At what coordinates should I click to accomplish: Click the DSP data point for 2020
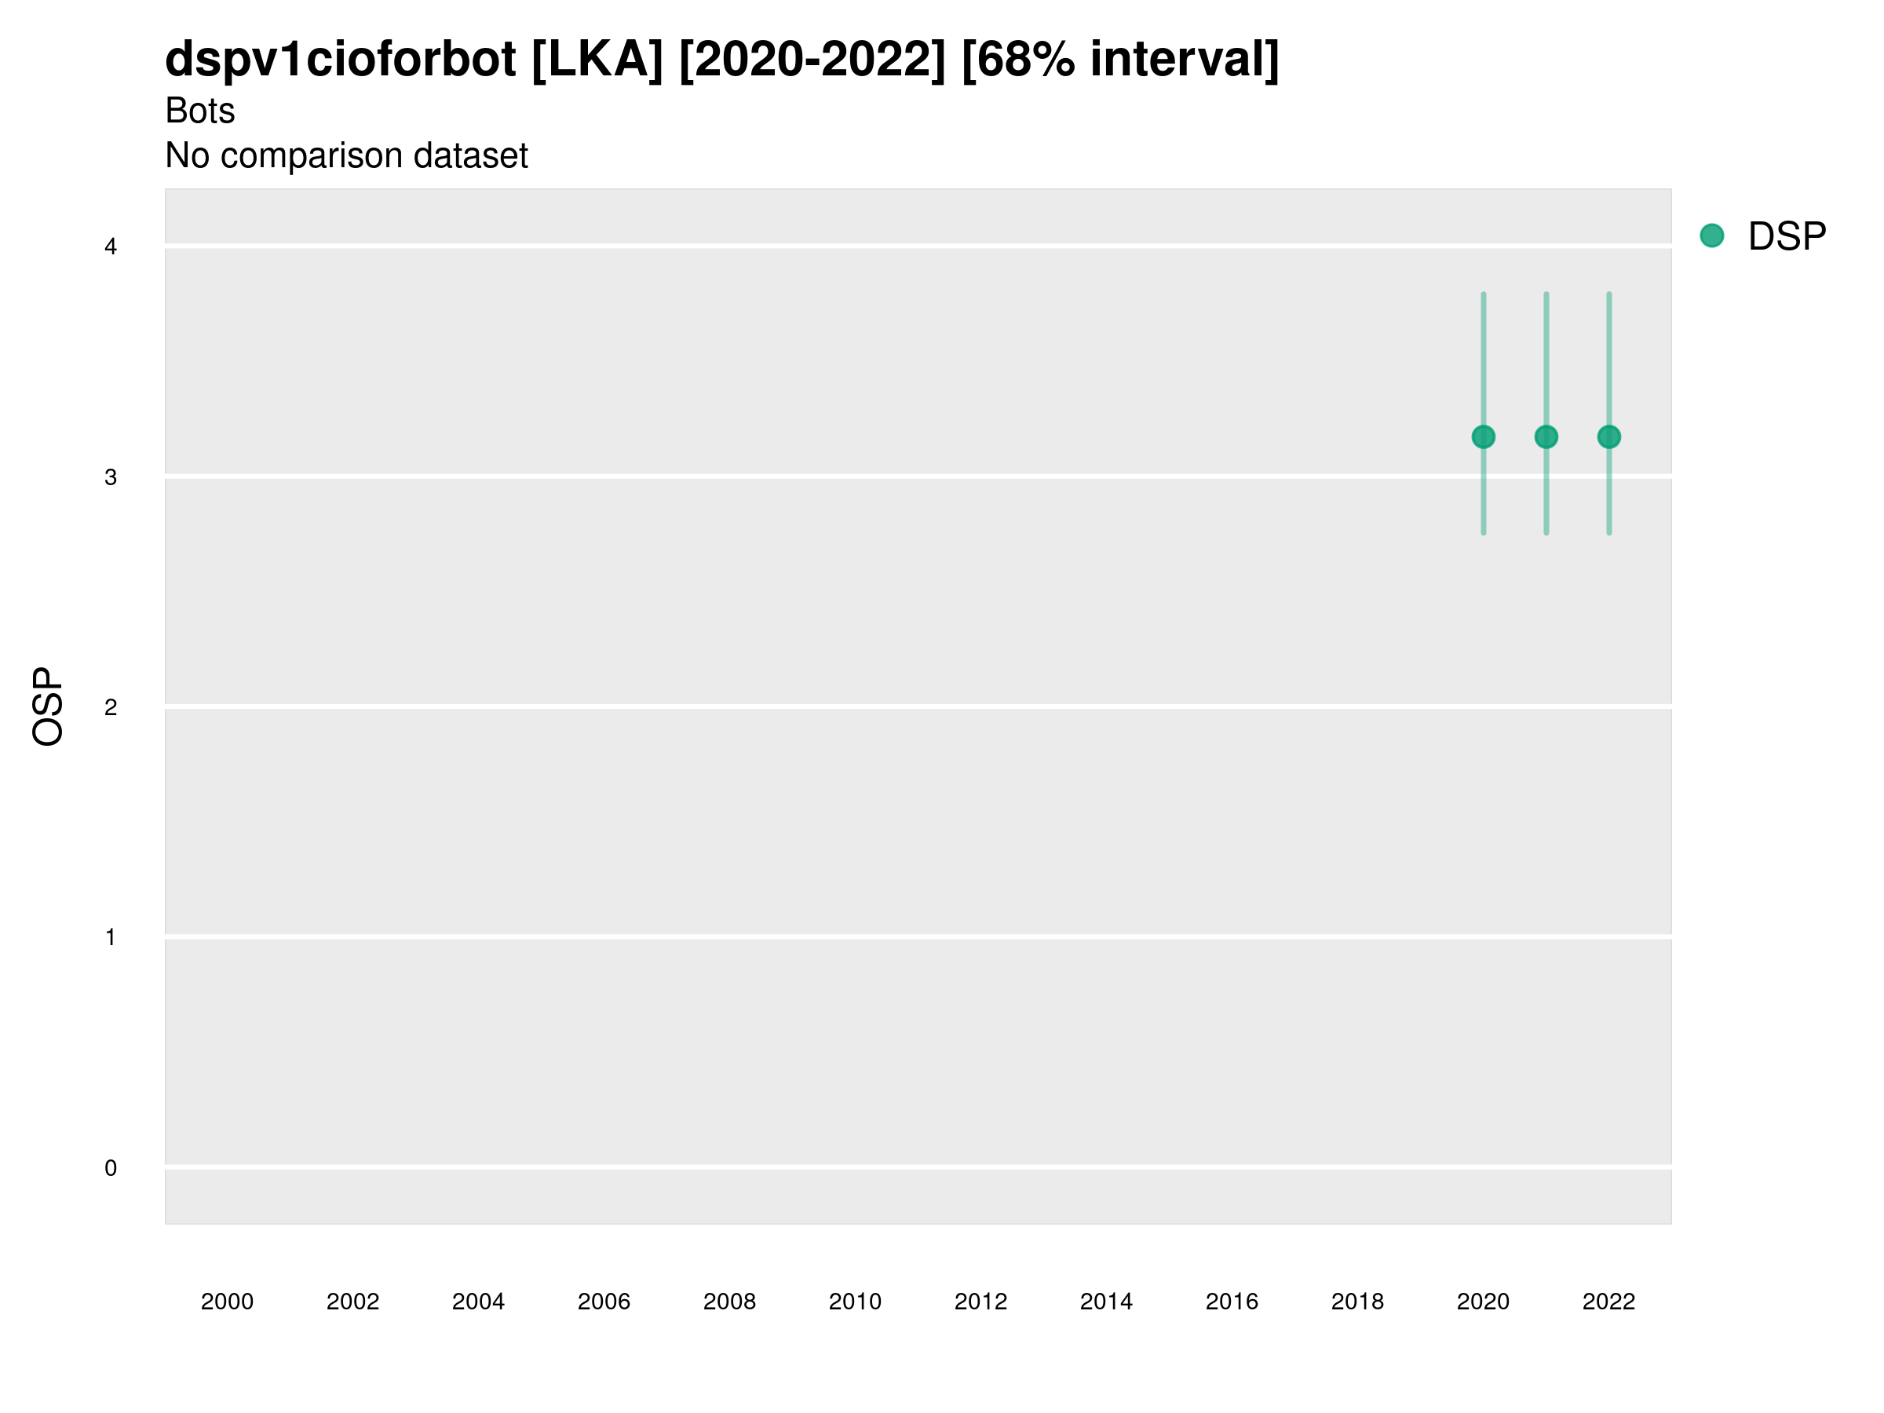[1483, 437]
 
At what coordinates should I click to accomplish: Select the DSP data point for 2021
[1546, 437]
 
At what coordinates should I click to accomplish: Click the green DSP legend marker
[1711, 236]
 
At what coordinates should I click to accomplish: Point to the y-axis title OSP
[48, 706]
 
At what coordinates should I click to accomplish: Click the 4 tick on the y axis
[111, 247]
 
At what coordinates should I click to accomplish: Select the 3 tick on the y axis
[111, 477]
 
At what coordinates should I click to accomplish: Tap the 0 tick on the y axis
[111, 1168]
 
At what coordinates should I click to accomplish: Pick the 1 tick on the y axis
[111, 938]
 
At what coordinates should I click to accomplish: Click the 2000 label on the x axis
[228, 1302]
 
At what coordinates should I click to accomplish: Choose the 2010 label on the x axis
[855, 1302]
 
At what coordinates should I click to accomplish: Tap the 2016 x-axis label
[1232, 1302]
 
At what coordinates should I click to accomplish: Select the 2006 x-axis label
[604, 1302]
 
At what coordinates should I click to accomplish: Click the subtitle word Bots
[200, 111]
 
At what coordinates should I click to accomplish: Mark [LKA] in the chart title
[597, 60]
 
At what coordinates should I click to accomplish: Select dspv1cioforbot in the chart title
[341, 60]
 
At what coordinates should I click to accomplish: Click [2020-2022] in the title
[812, 60]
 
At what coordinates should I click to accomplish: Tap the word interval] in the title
[1184, 60]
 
